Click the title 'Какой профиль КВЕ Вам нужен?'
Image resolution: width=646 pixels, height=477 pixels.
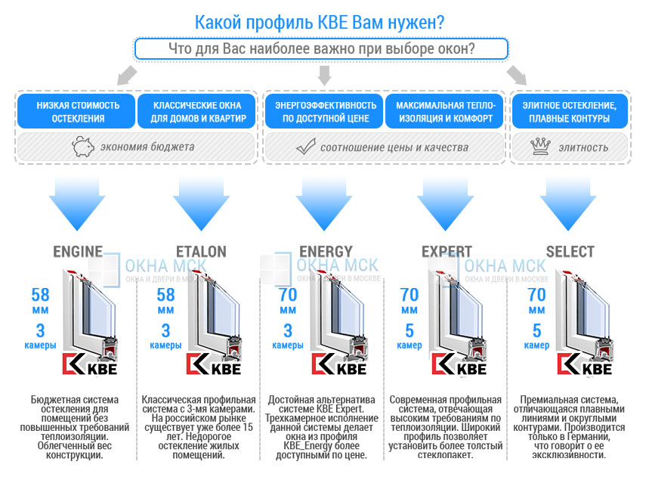(x=320, y=23)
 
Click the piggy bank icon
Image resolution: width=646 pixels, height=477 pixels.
(x=83, y=147)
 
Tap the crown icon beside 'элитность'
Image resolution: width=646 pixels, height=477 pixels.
(x=540, y=147)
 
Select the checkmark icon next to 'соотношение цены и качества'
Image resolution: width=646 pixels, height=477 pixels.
(x=306, y=147)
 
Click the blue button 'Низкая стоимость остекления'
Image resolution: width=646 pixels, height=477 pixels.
(x=76, y=111)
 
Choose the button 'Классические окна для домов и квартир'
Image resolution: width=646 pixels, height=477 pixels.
(x=197, y=111)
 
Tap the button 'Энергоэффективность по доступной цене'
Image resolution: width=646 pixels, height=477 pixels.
(x=324, y=111)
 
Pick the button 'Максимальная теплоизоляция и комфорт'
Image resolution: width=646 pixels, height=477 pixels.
(x=445, y=111)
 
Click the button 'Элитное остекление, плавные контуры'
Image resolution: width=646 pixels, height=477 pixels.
(x=570, y=111)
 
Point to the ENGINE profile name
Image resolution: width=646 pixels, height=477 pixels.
(x=78, y=252)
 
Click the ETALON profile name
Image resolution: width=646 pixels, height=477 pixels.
(x=201, y=252)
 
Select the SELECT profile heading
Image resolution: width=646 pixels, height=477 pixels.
(x=570, y=252)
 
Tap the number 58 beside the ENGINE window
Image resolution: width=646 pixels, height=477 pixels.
(x=40, y=295)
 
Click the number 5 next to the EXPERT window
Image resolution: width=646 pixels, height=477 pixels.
(x=410, y=330)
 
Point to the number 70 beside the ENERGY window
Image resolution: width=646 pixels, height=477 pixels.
(x=288, y=295)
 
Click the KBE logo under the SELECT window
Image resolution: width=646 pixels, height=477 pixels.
(x=584, y=364)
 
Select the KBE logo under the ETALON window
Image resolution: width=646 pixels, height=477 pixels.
(x=213, y=364)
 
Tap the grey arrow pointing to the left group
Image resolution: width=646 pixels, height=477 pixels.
(x=127, y=75)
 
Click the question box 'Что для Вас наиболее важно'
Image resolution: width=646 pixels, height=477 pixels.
(x=321, y=49)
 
